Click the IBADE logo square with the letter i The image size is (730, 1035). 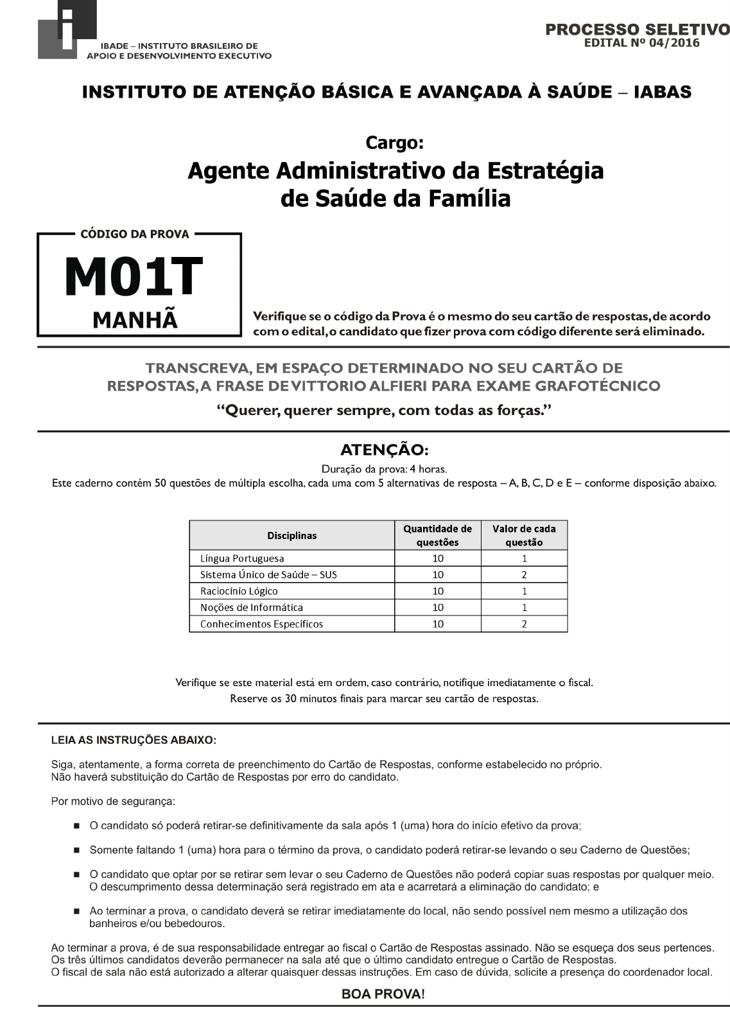[x=67, y=30]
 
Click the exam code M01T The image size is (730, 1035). [x=134, y=278]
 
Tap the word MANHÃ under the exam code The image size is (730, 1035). [x=135, y=319]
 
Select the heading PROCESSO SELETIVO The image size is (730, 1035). [x=637, y=30]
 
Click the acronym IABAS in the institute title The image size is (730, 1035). [x=663, y=92]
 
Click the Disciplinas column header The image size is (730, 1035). [x=291, y=535]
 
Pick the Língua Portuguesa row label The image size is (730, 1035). [x=242, y=558]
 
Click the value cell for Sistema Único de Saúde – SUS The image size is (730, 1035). [x=524, y=574]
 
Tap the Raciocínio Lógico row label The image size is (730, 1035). [x=239, y=591]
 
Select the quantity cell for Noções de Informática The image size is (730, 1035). [x=438, y=607]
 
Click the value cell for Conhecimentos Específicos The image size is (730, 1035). [x=524, y=624]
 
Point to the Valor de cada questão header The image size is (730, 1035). [x=524, y=535]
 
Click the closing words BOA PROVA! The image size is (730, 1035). [x=383, y=994]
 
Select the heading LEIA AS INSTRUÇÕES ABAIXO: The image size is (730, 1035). [x=134, y=740]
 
